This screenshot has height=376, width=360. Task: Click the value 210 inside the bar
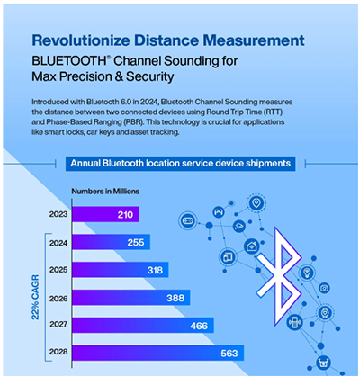point(124,214)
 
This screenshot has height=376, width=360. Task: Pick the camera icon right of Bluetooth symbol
point(323,288)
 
